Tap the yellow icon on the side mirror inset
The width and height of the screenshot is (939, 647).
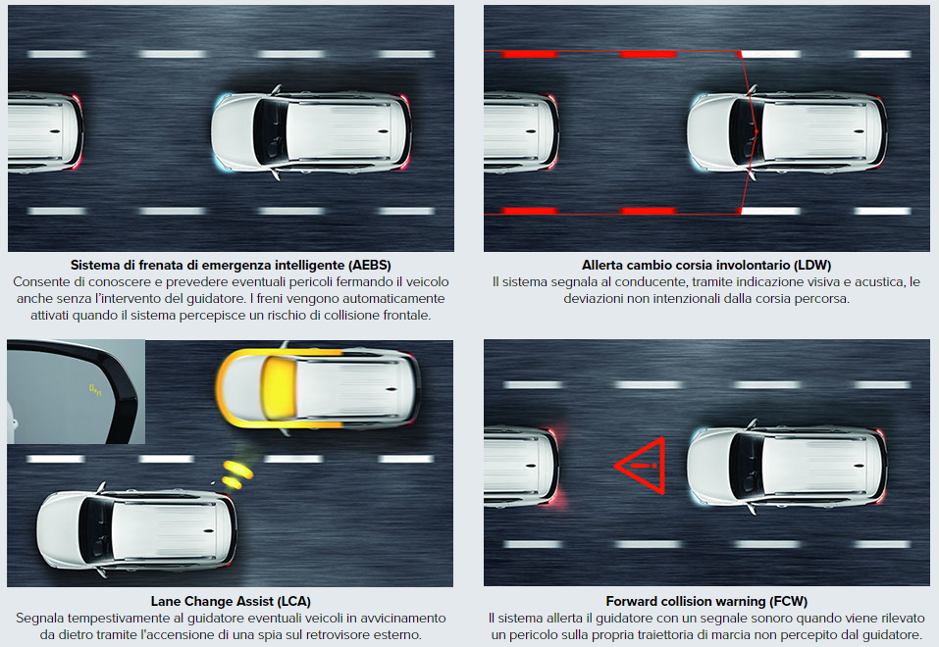tap(95, 389)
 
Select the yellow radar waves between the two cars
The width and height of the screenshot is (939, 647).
tap(237, 473)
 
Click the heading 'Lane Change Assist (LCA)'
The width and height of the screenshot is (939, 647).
tap(231, 601)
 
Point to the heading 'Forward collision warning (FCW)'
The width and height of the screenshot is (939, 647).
tap(706, 601)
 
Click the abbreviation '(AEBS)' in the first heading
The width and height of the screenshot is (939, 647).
tap(370, 265)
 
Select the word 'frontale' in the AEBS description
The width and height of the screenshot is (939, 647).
tap(407, 315)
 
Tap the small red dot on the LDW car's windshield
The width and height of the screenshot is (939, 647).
tap(756, 131)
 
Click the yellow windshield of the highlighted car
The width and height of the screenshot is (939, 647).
tap(280, 387)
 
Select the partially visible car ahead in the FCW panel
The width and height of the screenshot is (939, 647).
tap(521, 466)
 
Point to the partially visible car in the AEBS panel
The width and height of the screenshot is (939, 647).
tap(45, 131)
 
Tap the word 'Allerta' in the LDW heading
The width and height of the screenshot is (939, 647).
tap(601, 265)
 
